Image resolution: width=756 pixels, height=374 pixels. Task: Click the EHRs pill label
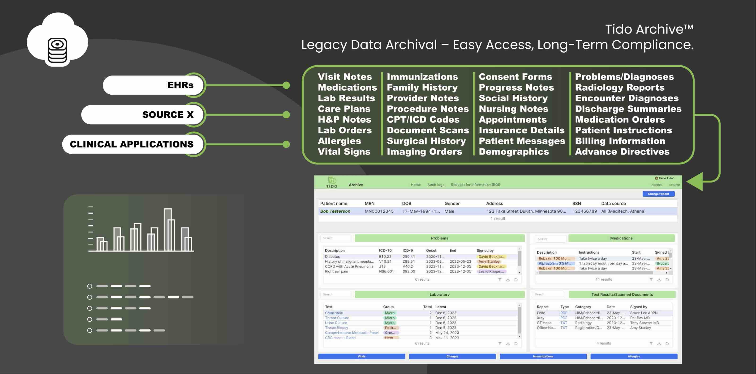click(180, 85)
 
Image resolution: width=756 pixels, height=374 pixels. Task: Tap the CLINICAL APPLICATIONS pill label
click(132, 144)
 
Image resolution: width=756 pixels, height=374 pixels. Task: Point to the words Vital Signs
click(344, 151)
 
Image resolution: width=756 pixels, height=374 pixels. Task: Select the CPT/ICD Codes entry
click(423, 120)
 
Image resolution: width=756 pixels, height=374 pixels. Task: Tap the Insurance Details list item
click(521, 130)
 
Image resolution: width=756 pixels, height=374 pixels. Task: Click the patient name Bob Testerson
click(335, 211)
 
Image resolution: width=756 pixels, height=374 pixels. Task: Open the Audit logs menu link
click(435, 185)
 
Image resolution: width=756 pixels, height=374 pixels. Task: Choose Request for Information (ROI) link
click(475, 185)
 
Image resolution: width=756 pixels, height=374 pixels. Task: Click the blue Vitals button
click(361, 356)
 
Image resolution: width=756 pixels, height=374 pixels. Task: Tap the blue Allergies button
click(634, 356)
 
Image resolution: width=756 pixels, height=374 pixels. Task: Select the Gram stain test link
click(334, 313)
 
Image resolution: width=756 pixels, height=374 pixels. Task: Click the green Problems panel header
click(439, 238)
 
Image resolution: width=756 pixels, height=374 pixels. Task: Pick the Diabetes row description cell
click(332, 256)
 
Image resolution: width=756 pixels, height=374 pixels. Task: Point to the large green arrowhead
click(696, 182)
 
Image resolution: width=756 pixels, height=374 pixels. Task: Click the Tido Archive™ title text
click(649, 29)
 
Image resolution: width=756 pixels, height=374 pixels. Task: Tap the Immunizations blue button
click(543, 356)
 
